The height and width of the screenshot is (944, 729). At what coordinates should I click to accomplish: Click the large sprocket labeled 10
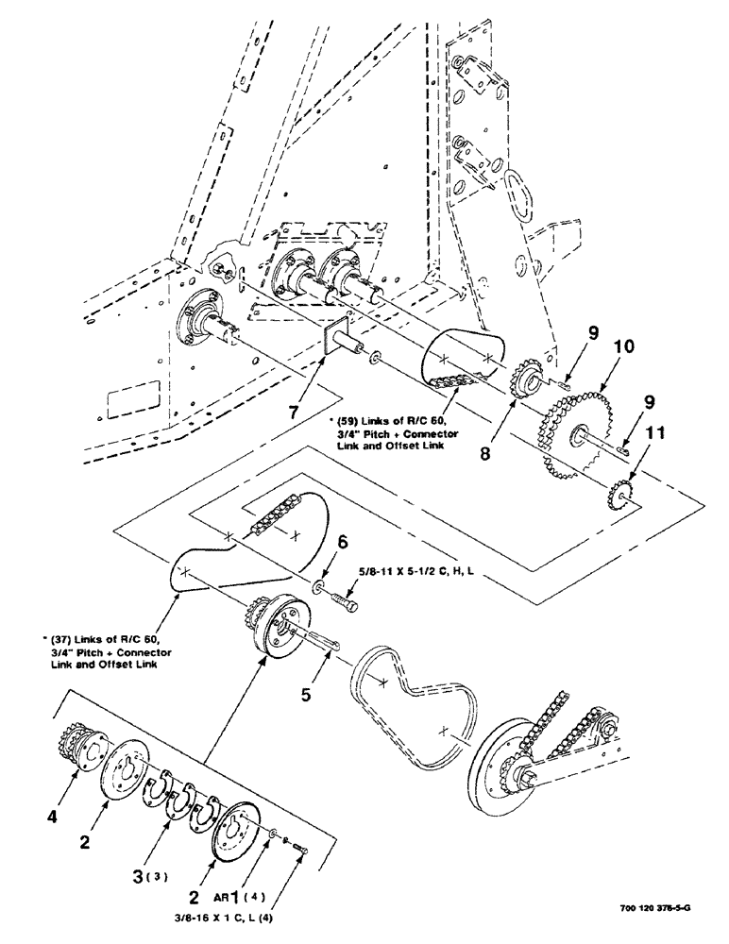pos(571,430)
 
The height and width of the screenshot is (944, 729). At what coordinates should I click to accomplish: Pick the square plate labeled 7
pos(335,336)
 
